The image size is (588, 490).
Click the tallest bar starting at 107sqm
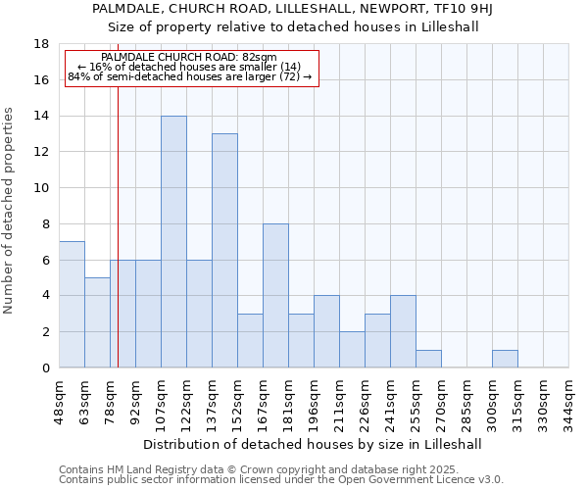(173, 242)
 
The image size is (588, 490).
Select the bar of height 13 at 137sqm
(224, 251)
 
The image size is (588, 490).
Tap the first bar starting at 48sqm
(72, 305)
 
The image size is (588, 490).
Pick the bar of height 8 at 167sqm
(275, 296)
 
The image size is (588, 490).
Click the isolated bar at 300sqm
(505, 359)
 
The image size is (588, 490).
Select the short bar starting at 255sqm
(428, 359)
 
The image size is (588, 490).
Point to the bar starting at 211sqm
(352, 350)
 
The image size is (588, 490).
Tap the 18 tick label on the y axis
(41, 44)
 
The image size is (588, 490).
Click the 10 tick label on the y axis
(41, 188)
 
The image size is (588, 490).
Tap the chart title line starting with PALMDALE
(293, 9)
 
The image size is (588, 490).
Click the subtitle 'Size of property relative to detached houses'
(293, 26)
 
